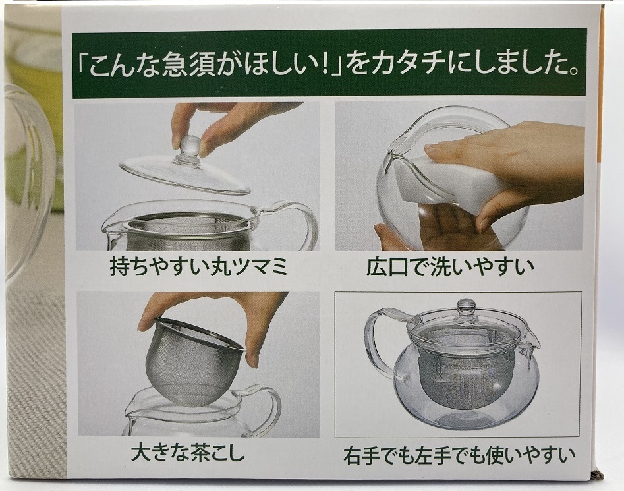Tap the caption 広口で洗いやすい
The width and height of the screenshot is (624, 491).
[x=450, y=267]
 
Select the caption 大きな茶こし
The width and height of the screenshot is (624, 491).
[x=187, y=453]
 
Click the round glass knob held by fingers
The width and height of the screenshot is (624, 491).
[x=188, y=147]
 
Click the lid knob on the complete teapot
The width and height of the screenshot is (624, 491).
[x=466, y=308]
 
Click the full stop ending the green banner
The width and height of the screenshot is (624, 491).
[x=573, y=72]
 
